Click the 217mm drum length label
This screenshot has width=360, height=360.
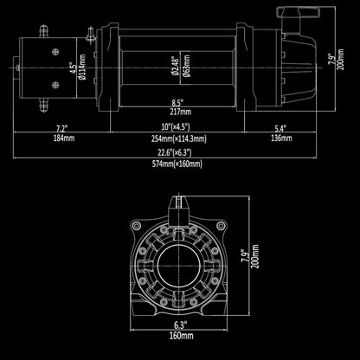point(181,112)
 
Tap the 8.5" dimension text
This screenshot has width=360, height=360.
point(177,102)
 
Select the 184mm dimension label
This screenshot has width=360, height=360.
point(64,138)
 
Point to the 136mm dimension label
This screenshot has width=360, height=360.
point(281,138)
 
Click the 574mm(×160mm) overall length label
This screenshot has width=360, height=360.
point(177,164)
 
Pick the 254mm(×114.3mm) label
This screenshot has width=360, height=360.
point(179,139)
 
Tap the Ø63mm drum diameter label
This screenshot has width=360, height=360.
point(186,66)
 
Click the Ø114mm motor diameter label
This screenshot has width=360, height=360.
point(82,67)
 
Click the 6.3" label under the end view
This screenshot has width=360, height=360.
point(179,325)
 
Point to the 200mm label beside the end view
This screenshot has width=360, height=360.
point(254,256)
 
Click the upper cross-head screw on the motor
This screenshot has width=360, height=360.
point(55,52)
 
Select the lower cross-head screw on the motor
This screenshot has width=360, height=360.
point(55,85)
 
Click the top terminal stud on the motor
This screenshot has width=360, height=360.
point(43,32)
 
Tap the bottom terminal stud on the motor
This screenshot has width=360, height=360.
point(43,105)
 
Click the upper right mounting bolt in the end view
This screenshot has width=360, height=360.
point(221,226)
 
